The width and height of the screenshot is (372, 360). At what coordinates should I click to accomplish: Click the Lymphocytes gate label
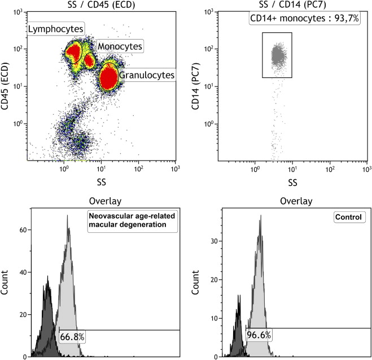[x=55, y=28]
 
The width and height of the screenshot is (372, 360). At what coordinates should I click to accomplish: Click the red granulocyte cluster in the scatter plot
[x=108, y=78]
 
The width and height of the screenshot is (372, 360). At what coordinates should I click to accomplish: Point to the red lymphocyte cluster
[x=73, y=53]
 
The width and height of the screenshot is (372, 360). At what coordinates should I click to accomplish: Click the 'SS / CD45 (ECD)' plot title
[x=101, y=5]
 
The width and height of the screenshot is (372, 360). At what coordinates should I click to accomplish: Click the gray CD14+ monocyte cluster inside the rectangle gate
[x=277, y=55]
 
